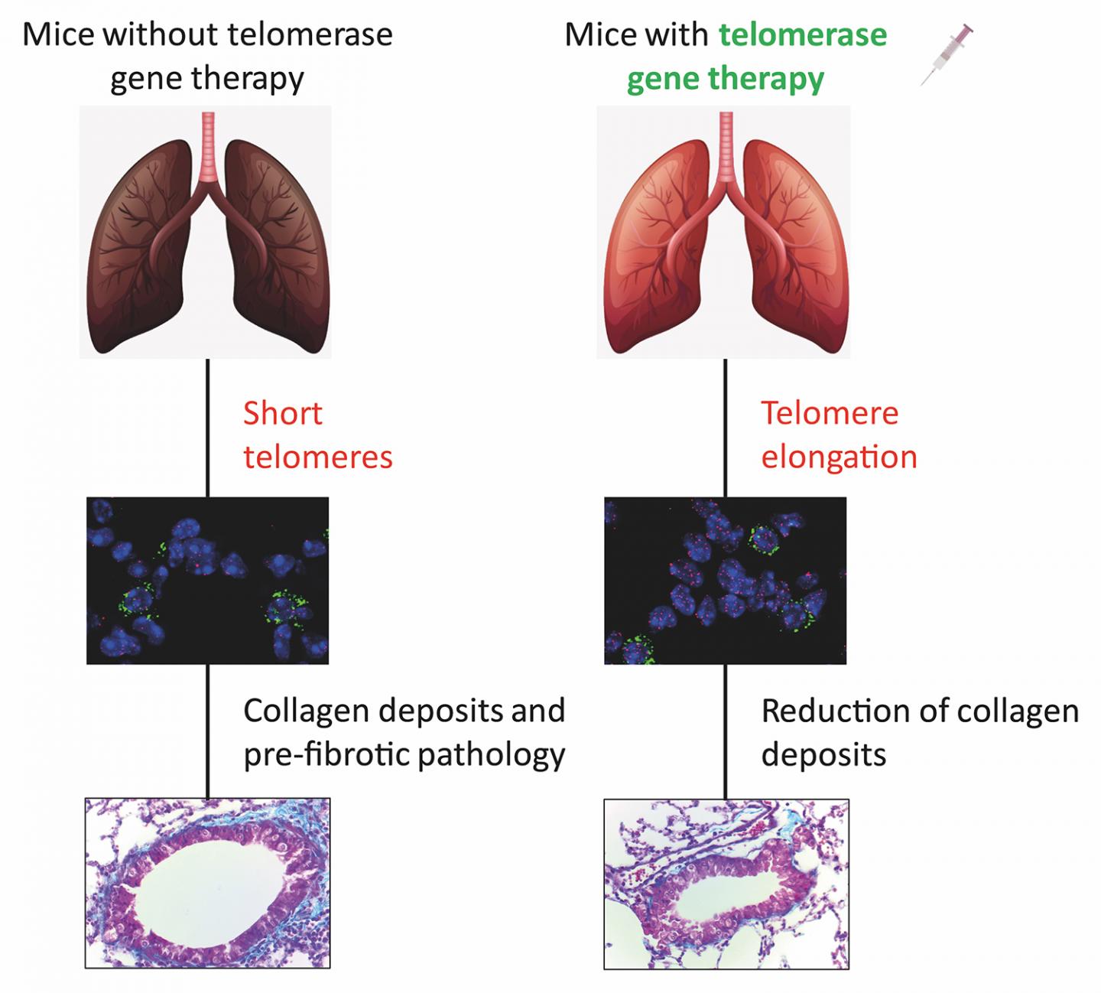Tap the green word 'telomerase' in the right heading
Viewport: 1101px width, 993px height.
803,34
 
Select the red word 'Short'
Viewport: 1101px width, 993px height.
283,413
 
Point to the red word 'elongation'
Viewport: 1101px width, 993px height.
839,457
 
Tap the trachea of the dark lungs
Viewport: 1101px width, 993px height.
208,145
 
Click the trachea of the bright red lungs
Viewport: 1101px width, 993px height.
726,145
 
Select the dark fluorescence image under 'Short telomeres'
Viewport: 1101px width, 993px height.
207,581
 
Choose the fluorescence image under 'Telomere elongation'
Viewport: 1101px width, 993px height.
725,581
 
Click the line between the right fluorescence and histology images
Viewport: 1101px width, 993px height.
726,731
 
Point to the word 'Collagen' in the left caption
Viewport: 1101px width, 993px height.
306,711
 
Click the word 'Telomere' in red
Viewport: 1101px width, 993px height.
830,413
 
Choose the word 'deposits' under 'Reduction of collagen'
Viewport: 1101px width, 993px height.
823,755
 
